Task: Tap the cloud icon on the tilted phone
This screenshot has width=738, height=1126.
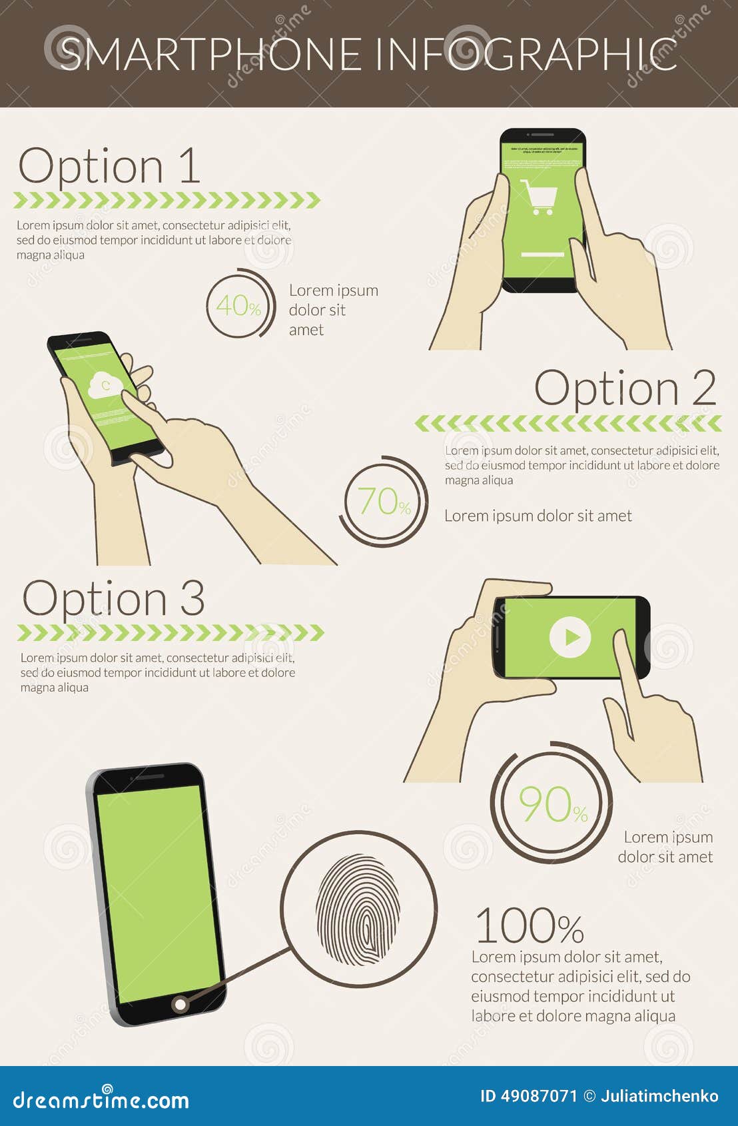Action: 105,384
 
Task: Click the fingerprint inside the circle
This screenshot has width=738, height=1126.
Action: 358,909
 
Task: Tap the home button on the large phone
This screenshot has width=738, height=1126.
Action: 180,1004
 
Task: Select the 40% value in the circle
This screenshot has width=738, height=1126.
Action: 238,306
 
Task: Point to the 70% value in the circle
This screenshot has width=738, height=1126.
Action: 384,502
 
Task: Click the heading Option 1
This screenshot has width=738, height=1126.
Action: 109,166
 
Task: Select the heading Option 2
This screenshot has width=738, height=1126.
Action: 625,388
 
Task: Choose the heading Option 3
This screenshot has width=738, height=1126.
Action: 113,598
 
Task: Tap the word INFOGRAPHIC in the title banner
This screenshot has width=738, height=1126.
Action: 526,54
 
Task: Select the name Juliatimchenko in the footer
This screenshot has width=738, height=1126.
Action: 659,1096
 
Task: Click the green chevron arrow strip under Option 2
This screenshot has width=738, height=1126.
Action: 567,423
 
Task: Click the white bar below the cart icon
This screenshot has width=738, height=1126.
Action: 542,255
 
